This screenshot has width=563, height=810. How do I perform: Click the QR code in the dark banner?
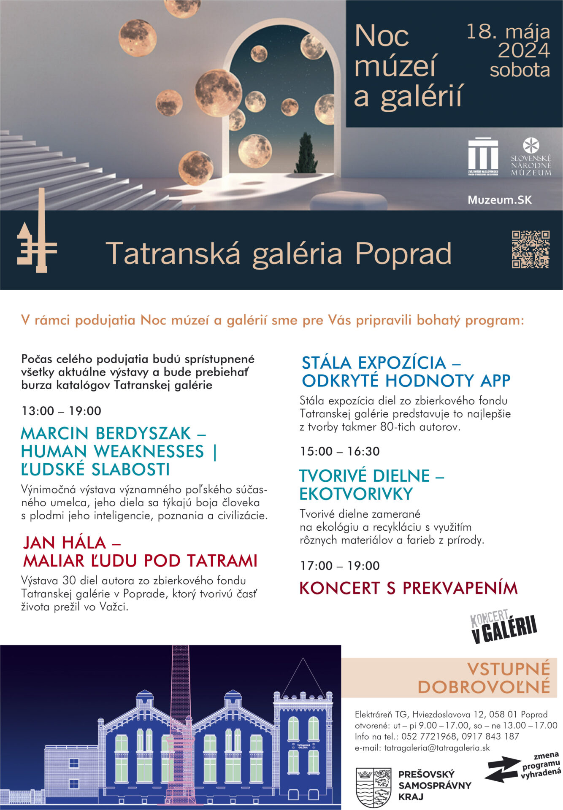pos(531,249)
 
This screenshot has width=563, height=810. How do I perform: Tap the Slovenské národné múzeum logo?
pos(531,157)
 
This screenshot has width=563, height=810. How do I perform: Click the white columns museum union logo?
pos(483,156)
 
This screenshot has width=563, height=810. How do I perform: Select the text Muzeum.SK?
pos(500,200)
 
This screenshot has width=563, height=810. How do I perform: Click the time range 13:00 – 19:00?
pos(61,411)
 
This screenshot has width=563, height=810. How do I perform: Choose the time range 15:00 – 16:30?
pos(340,451)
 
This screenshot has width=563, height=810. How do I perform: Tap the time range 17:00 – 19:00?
pos(340,566)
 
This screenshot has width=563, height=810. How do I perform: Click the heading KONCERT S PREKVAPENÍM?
pos(408,588)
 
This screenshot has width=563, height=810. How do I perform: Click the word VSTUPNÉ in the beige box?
pos(508,669)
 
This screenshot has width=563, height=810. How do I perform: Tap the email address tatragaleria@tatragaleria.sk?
pos(422,748)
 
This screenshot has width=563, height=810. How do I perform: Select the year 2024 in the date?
pos(524,51)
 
